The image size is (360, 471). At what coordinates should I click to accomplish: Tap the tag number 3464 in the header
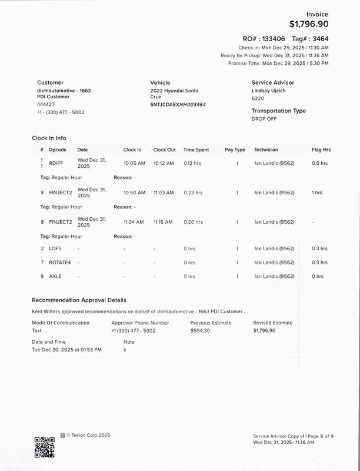tap(318, 38)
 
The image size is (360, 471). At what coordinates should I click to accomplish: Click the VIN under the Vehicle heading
tap(178, 104)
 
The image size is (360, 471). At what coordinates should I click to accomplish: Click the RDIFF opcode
tap(56, 162)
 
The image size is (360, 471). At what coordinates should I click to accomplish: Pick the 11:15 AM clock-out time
tap(163, 222)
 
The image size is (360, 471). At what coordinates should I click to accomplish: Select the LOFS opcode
tap(55, 248)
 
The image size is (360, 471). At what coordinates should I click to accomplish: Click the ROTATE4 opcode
tap(59, 263)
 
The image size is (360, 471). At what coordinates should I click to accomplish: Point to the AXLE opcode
tap(55, 276)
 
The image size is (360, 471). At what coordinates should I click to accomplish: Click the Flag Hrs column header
tap(321, 150)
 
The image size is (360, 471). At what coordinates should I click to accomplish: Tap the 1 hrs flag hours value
tap(317, 193)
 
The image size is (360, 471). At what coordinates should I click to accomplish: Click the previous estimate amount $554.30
tap(201, 331)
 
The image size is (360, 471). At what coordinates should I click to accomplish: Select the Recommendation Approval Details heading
tap(79, 300)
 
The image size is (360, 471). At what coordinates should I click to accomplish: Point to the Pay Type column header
tap(235, 150)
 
